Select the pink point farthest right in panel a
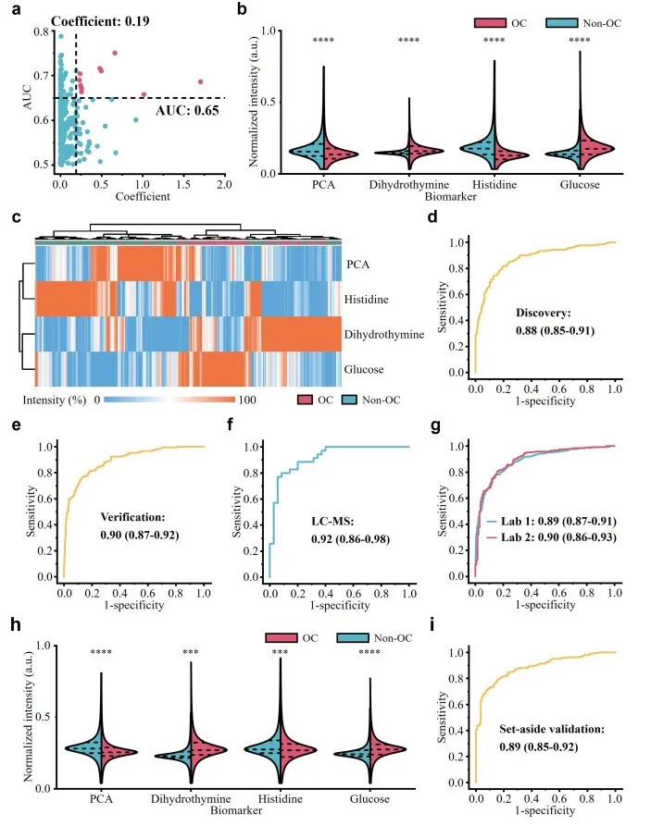[x=200, y=81]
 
